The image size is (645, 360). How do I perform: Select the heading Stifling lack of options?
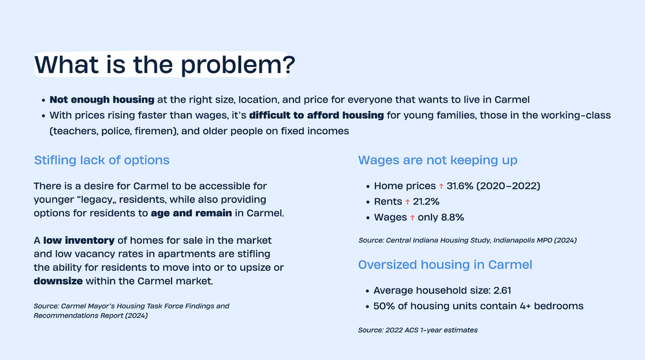(101, 160)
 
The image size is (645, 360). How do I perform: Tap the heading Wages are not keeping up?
(437, 160)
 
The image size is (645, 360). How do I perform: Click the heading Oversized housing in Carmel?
(445, 265)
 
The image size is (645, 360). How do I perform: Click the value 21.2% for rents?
(426, 202)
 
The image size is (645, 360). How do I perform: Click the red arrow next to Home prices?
(441, 186)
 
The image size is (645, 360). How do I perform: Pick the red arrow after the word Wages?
(412, 218)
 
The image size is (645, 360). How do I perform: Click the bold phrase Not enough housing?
(102, 100)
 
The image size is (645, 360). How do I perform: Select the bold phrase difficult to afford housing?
(316, 115)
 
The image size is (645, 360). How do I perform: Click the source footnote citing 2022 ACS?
(418, 330)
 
